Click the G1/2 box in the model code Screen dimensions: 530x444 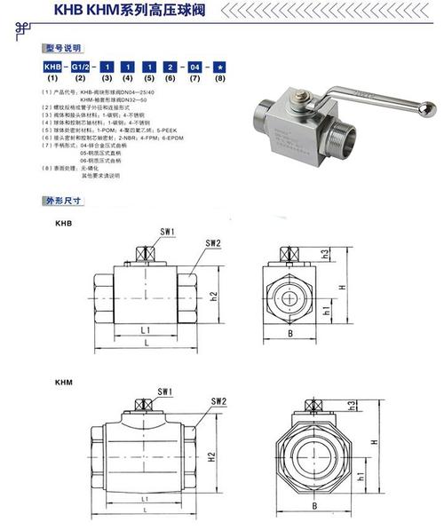[x=78, y=67]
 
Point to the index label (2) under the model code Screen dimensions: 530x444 [x=78, y=80]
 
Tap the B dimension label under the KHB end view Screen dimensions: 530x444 [x=290, y=334]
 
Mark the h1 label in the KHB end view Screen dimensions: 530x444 [x=328, y=312]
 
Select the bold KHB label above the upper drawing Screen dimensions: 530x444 [x=63, y=225]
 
